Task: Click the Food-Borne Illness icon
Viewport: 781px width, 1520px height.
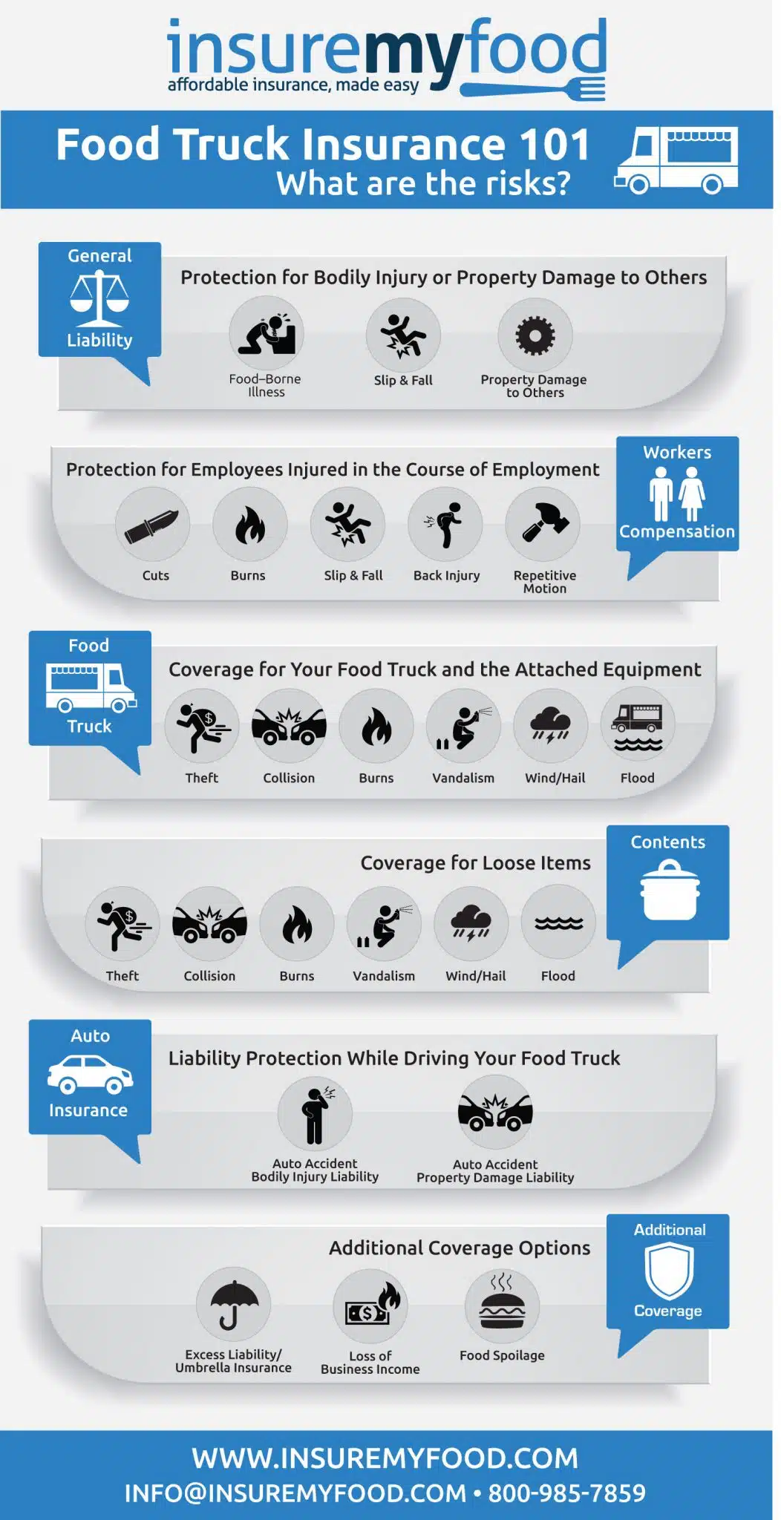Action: click(x=266, y=334)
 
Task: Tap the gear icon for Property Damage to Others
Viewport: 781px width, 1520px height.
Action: click(x=535, y=335)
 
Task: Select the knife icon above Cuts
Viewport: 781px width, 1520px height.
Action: click(x=152, y=525)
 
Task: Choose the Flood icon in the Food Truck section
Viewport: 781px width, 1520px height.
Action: click(x=638, y=726)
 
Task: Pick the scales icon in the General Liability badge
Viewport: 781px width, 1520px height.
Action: click(x=99, y=298)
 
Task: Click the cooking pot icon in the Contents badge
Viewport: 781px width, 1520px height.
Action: click(x=670, y=890)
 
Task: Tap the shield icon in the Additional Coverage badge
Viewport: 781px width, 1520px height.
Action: click(x=669, y=1271)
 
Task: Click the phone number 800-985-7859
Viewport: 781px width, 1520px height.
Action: click(x=567, y=1493)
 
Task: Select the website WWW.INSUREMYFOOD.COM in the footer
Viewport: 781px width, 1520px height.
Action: click(x=385, y=1458)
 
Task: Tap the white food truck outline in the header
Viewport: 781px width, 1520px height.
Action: click(x=676, y=160)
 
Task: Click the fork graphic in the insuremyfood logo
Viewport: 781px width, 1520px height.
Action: click(x=533, y=90)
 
